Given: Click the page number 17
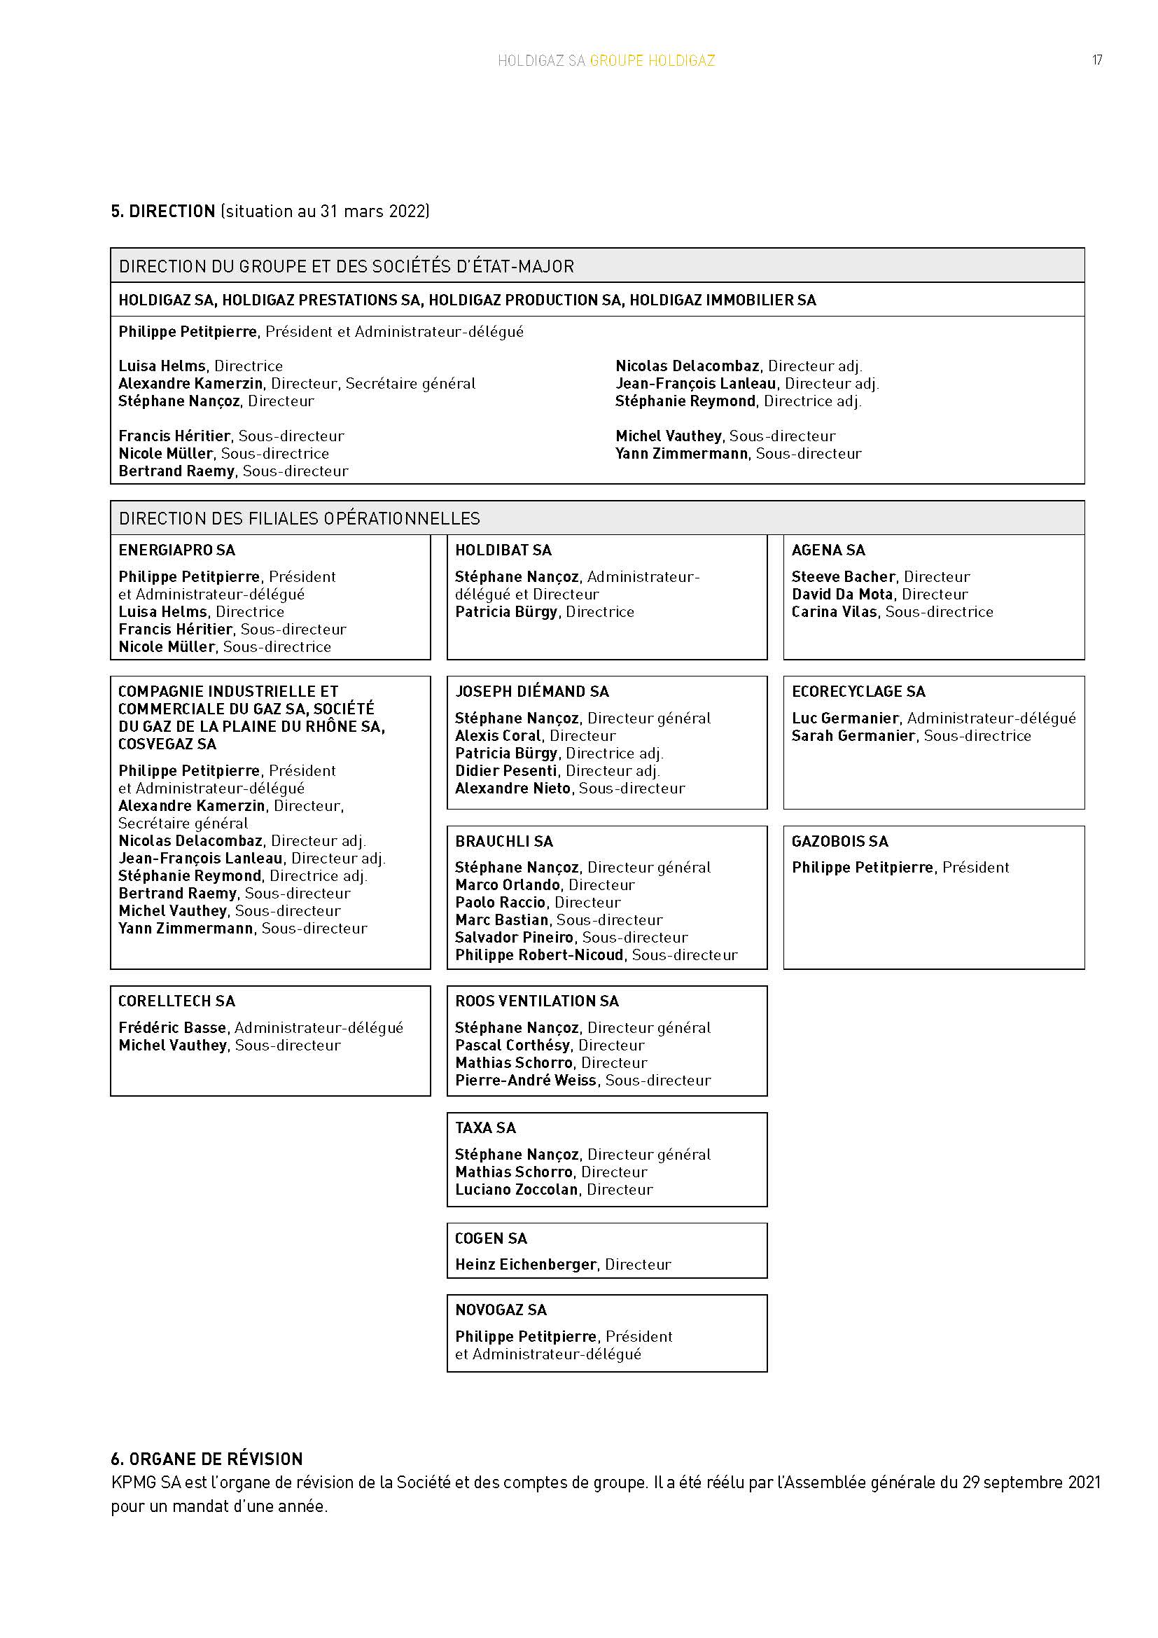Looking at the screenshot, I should (1096, 60).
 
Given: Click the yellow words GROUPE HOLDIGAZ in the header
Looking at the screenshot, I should (652, 61).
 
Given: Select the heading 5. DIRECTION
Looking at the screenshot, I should (163, 211).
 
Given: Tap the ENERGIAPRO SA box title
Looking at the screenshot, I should (176, 550).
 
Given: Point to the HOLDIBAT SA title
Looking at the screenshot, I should (503, 550).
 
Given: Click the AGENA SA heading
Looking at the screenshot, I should (828, 550).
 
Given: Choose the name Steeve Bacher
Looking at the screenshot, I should (843, 576).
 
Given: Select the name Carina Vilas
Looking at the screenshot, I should (834, 611).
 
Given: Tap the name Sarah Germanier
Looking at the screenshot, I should (853, 735).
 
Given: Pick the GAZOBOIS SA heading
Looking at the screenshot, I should (839, 841).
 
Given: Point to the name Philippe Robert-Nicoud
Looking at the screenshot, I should (539, 955).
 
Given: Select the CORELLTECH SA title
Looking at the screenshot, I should (176, 1001).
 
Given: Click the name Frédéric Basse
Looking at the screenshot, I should (172, 1027).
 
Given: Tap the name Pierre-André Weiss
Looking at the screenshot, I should (526, 1080).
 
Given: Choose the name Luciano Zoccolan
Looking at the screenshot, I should (516, 1189).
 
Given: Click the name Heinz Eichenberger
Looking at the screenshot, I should (526, 1264).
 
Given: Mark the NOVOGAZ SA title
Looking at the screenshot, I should (501, 1310).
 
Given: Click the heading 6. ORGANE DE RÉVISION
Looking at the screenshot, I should (207, 1459).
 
